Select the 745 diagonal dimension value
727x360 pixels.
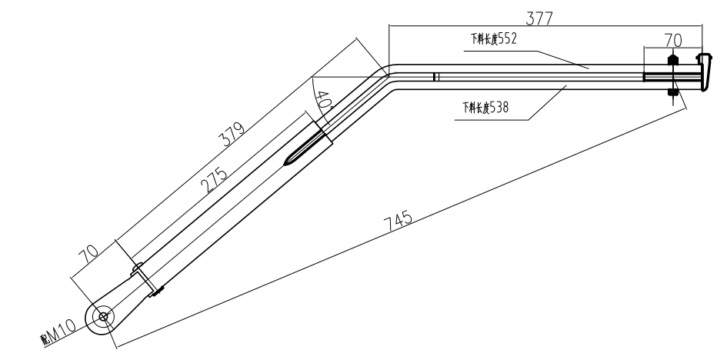pos(399,220)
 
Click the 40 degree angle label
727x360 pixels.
pos(324,101)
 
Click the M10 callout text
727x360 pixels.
pos(62,331)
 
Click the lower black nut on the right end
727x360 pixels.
pos(673,93)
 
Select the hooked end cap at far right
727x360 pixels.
pos(703,71)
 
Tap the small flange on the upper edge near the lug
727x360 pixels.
pos(138,269)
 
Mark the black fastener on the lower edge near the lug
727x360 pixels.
pos(159,291)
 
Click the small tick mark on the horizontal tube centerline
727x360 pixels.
pos(435,76)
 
